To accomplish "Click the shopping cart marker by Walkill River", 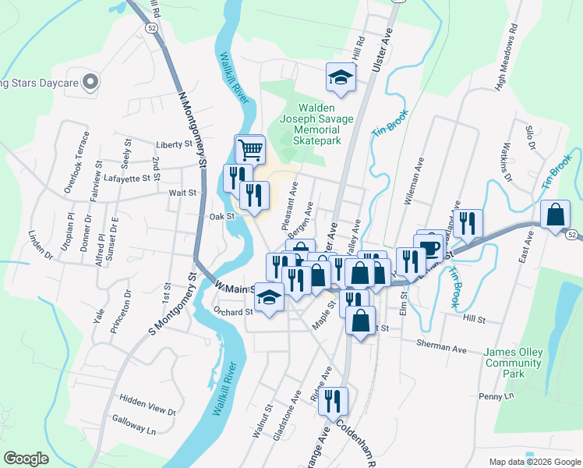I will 250,149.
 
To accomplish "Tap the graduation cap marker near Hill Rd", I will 341,76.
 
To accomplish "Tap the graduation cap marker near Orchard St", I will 269,299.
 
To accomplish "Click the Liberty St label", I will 174,144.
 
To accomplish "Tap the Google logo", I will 26,459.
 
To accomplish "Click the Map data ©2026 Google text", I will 534,462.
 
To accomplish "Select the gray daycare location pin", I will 90,81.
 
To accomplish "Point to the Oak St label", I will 222,216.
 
